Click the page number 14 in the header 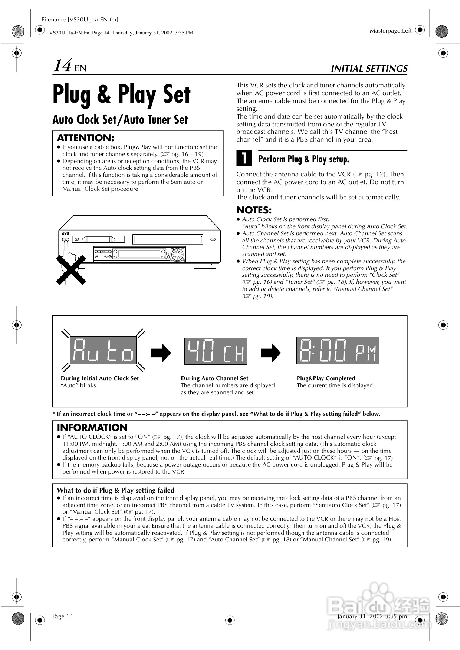[62, 66]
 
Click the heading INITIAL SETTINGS [369, 69]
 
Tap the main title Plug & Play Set [121, 94]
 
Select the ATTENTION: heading [85, 138]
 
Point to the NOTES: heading [254, 210]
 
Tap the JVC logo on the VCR [65, 233]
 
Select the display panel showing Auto [103, 350]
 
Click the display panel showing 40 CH [215, 351]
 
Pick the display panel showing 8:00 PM [338, 350]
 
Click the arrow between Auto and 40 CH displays [161, 352]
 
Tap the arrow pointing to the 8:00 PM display [271, 352]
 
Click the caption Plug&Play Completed [326, 378]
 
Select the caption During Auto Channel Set [214, 378]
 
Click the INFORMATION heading [92, 427]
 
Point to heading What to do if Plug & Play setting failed [115, 490]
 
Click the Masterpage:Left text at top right [390, 31]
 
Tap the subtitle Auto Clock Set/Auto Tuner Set [120, 120]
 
